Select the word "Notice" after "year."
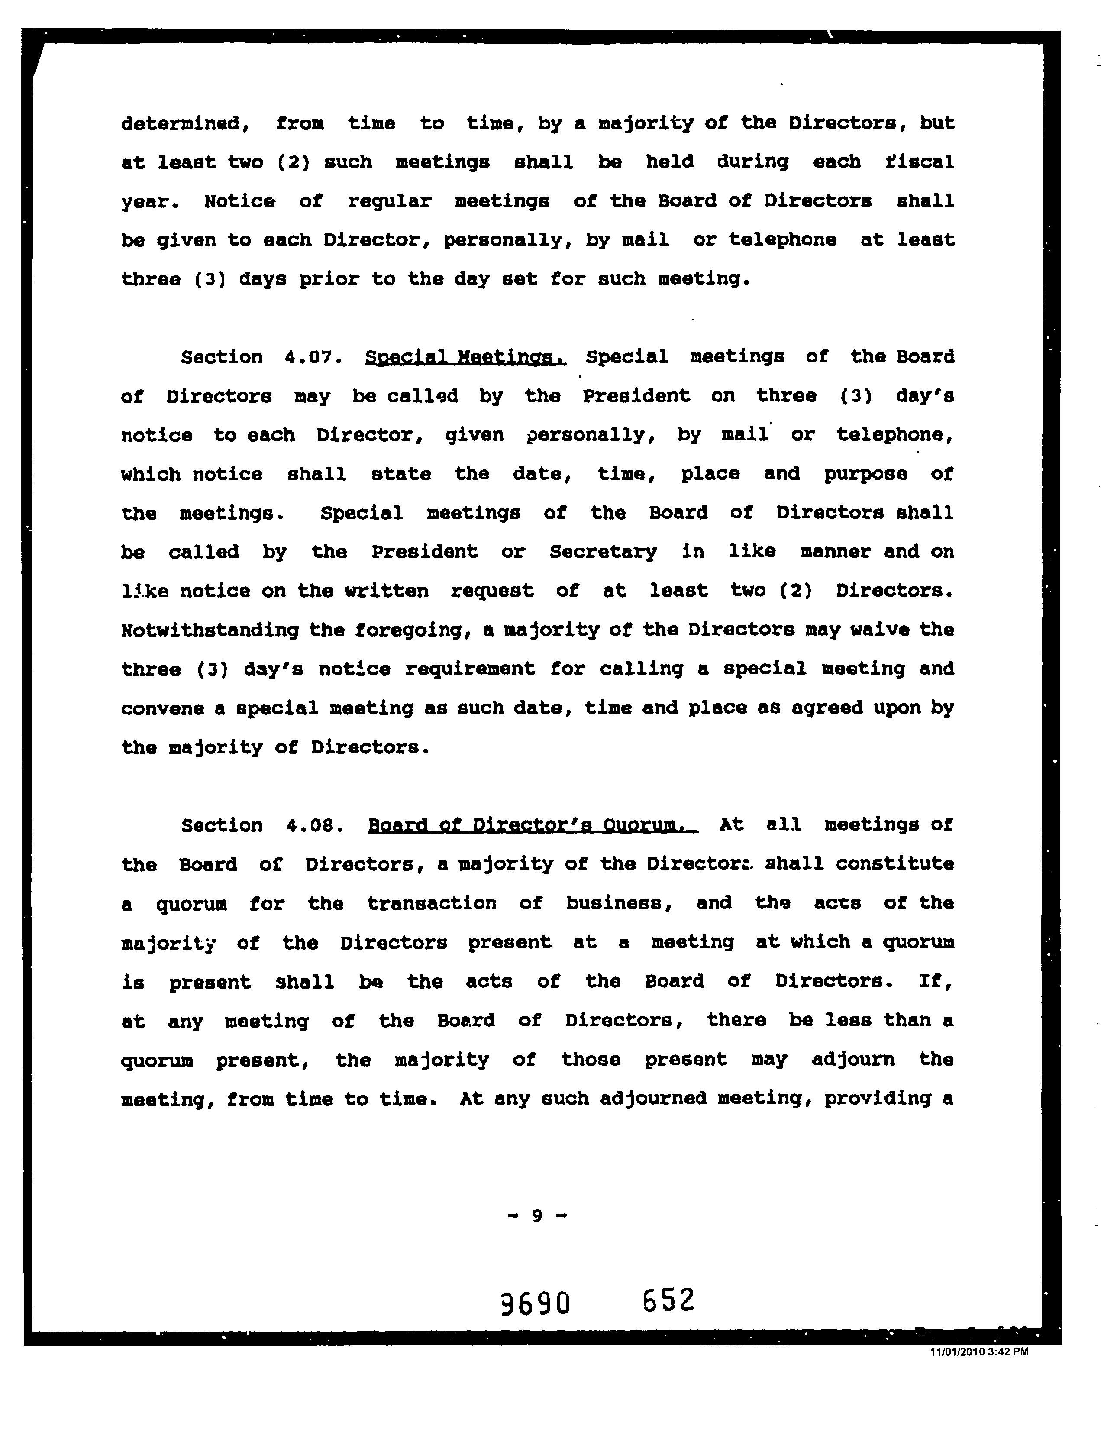tap(239, 201)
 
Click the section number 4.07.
tap(314, 357)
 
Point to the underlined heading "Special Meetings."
tap(465, 357)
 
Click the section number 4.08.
tap(315, 826)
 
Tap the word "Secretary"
tap(603, 552)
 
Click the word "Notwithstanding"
tap(209, 630)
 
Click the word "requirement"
tap(470, 669)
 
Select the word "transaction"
tap(432, 904)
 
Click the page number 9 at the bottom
tap(537, 1216)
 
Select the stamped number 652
tap(668, 1300)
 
